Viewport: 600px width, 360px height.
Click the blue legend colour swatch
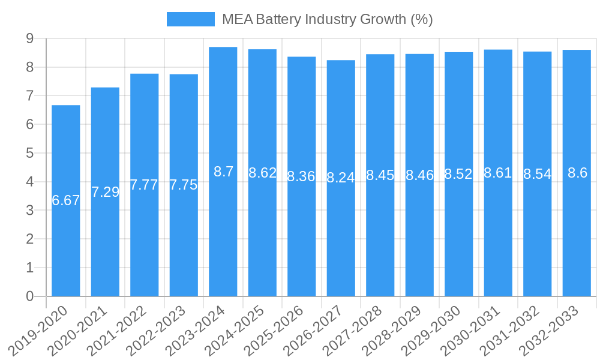point(190,19)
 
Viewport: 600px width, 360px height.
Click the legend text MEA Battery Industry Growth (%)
point(327,19)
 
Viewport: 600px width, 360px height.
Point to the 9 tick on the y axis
point(29,39)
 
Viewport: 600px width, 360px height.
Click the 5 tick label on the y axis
point(29,153)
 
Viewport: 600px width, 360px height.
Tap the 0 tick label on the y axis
point(29,296)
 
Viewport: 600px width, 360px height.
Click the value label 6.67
point(66,200)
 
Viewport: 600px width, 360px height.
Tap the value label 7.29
point(105,192)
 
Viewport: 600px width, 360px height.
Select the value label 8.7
point(223,172)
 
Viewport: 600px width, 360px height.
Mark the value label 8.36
point(301,176)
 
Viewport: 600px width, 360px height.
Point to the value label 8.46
point(419,175)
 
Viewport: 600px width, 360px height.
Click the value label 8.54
point(537,174)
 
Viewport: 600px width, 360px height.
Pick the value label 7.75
point(184,185)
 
